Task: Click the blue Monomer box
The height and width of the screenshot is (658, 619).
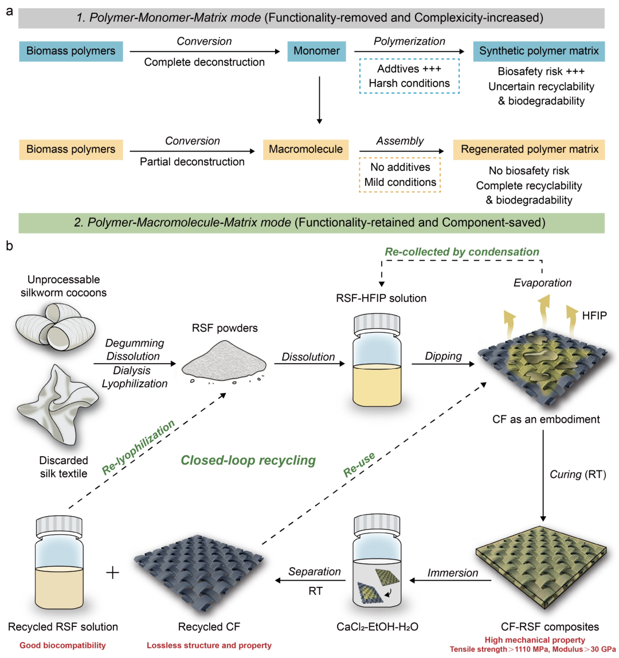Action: pyautogui.click(x=316, y=51)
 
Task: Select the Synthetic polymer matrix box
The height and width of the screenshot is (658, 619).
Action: pyautogui.click(x=539, y=51)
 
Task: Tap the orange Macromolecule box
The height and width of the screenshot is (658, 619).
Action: pyautogui.click(x=305, y=149)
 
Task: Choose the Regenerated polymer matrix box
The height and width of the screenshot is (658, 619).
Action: pyautogui.click(x=529, y=149)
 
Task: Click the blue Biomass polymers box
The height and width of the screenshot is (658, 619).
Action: pyautogui.click(x=71, y=51)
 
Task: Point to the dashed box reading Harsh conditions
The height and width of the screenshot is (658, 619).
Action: pyautogui.click(x=409, y=76)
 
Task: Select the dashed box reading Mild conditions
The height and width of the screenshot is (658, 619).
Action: pyautogui.click(x=400, y=174)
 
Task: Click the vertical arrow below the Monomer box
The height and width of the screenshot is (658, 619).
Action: pyautogui.click(x=320, y=100)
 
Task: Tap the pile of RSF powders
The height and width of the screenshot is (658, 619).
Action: pyautogui.click(x=224, y=361)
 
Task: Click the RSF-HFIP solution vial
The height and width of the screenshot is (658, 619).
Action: pyautogui.click(x=377, y=360)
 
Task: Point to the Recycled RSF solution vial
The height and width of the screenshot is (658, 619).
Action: pyautogui.click(x=59, y=562)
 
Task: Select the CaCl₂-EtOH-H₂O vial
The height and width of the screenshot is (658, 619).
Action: pyautogui.click(x=377, y=562)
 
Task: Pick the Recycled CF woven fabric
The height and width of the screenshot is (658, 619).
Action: pyautogui.click(x=198, y=575)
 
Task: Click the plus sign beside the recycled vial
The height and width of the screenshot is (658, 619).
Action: pyautogui.click(x=112, y=573)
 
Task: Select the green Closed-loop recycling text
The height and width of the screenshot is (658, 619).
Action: pyautogui.click(x=248, y=460)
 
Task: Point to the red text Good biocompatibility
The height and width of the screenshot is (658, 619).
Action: pyautogui.click(x=62, y=645)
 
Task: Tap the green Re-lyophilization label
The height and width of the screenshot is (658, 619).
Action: pyautogui.click(x=138, y=447)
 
